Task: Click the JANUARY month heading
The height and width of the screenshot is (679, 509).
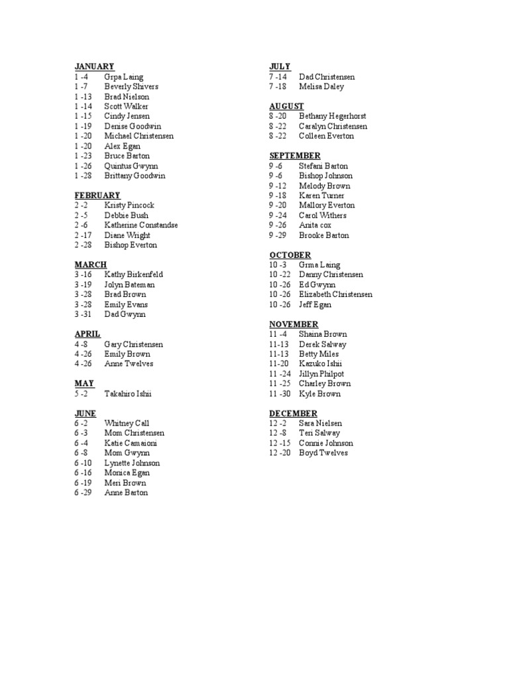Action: [94, 67]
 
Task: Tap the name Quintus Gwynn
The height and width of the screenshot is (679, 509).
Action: [131, 166]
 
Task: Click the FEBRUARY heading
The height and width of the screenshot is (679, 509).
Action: [97, 196]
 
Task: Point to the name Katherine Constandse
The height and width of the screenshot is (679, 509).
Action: [141, 225]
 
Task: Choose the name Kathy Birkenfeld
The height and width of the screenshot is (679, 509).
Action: [133, 275]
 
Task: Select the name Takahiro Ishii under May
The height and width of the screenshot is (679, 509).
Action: [128, 394]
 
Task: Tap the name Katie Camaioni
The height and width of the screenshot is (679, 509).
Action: [131, 443]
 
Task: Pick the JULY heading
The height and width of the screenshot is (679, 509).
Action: [280, 67]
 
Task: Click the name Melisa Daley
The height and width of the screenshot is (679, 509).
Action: [321, 87]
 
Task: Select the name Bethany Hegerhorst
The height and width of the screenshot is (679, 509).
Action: [333, 116]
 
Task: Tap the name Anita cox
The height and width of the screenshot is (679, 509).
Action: [315, 225]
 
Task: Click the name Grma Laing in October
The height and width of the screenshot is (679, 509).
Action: [319, 265]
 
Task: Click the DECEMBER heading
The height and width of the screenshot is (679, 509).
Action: [293, 414]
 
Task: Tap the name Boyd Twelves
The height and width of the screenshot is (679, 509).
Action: [323, 453]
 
